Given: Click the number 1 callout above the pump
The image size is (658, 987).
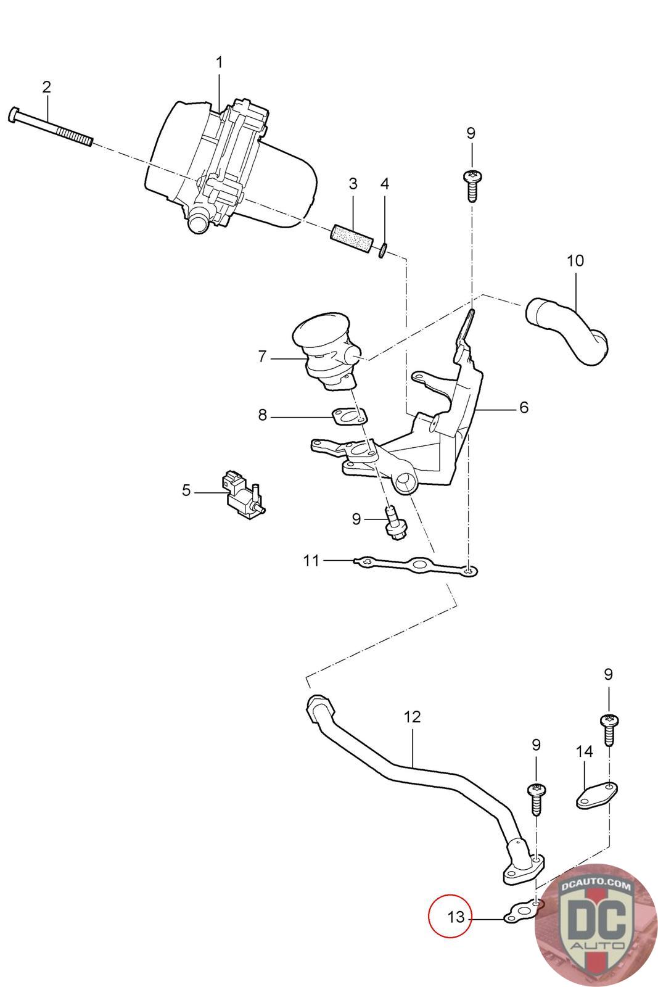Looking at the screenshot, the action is point(219,62).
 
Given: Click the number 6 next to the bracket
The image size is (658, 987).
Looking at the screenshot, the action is point(524,407).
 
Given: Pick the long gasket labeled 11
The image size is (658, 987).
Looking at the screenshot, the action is point(415,566).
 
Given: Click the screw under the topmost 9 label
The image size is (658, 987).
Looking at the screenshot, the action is point(472,186).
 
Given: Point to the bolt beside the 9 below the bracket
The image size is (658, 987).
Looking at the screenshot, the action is point(395,524).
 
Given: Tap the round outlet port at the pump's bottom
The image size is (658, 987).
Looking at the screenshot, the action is point(197,223).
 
